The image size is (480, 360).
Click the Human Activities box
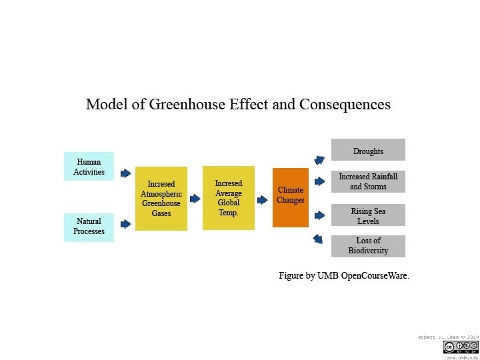pos(89,167)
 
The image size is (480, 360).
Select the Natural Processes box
pos(89,227)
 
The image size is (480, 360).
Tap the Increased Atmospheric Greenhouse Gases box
pos(161,199)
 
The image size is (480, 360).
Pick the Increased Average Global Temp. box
pos(229,197)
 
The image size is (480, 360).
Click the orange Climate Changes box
pos(291,197)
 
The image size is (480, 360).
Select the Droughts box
pos(368,150)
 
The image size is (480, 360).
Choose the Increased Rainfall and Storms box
pos(368,182)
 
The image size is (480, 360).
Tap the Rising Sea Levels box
pos(368,216)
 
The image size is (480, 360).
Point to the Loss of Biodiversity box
pos(368,246)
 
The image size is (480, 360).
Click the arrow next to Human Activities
pos(125,173)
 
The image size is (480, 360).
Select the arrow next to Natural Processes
pos(125,223)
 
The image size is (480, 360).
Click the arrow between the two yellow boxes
pos(195,198)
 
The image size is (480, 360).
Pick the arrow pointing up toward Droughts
pos(319,160)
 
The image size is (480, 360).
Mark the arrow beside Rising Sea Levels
pos(319,215)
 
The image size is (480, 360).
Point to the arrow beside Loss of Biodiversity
pos(318,239)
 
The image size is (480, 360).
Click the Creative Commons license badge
pos(461,347)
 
